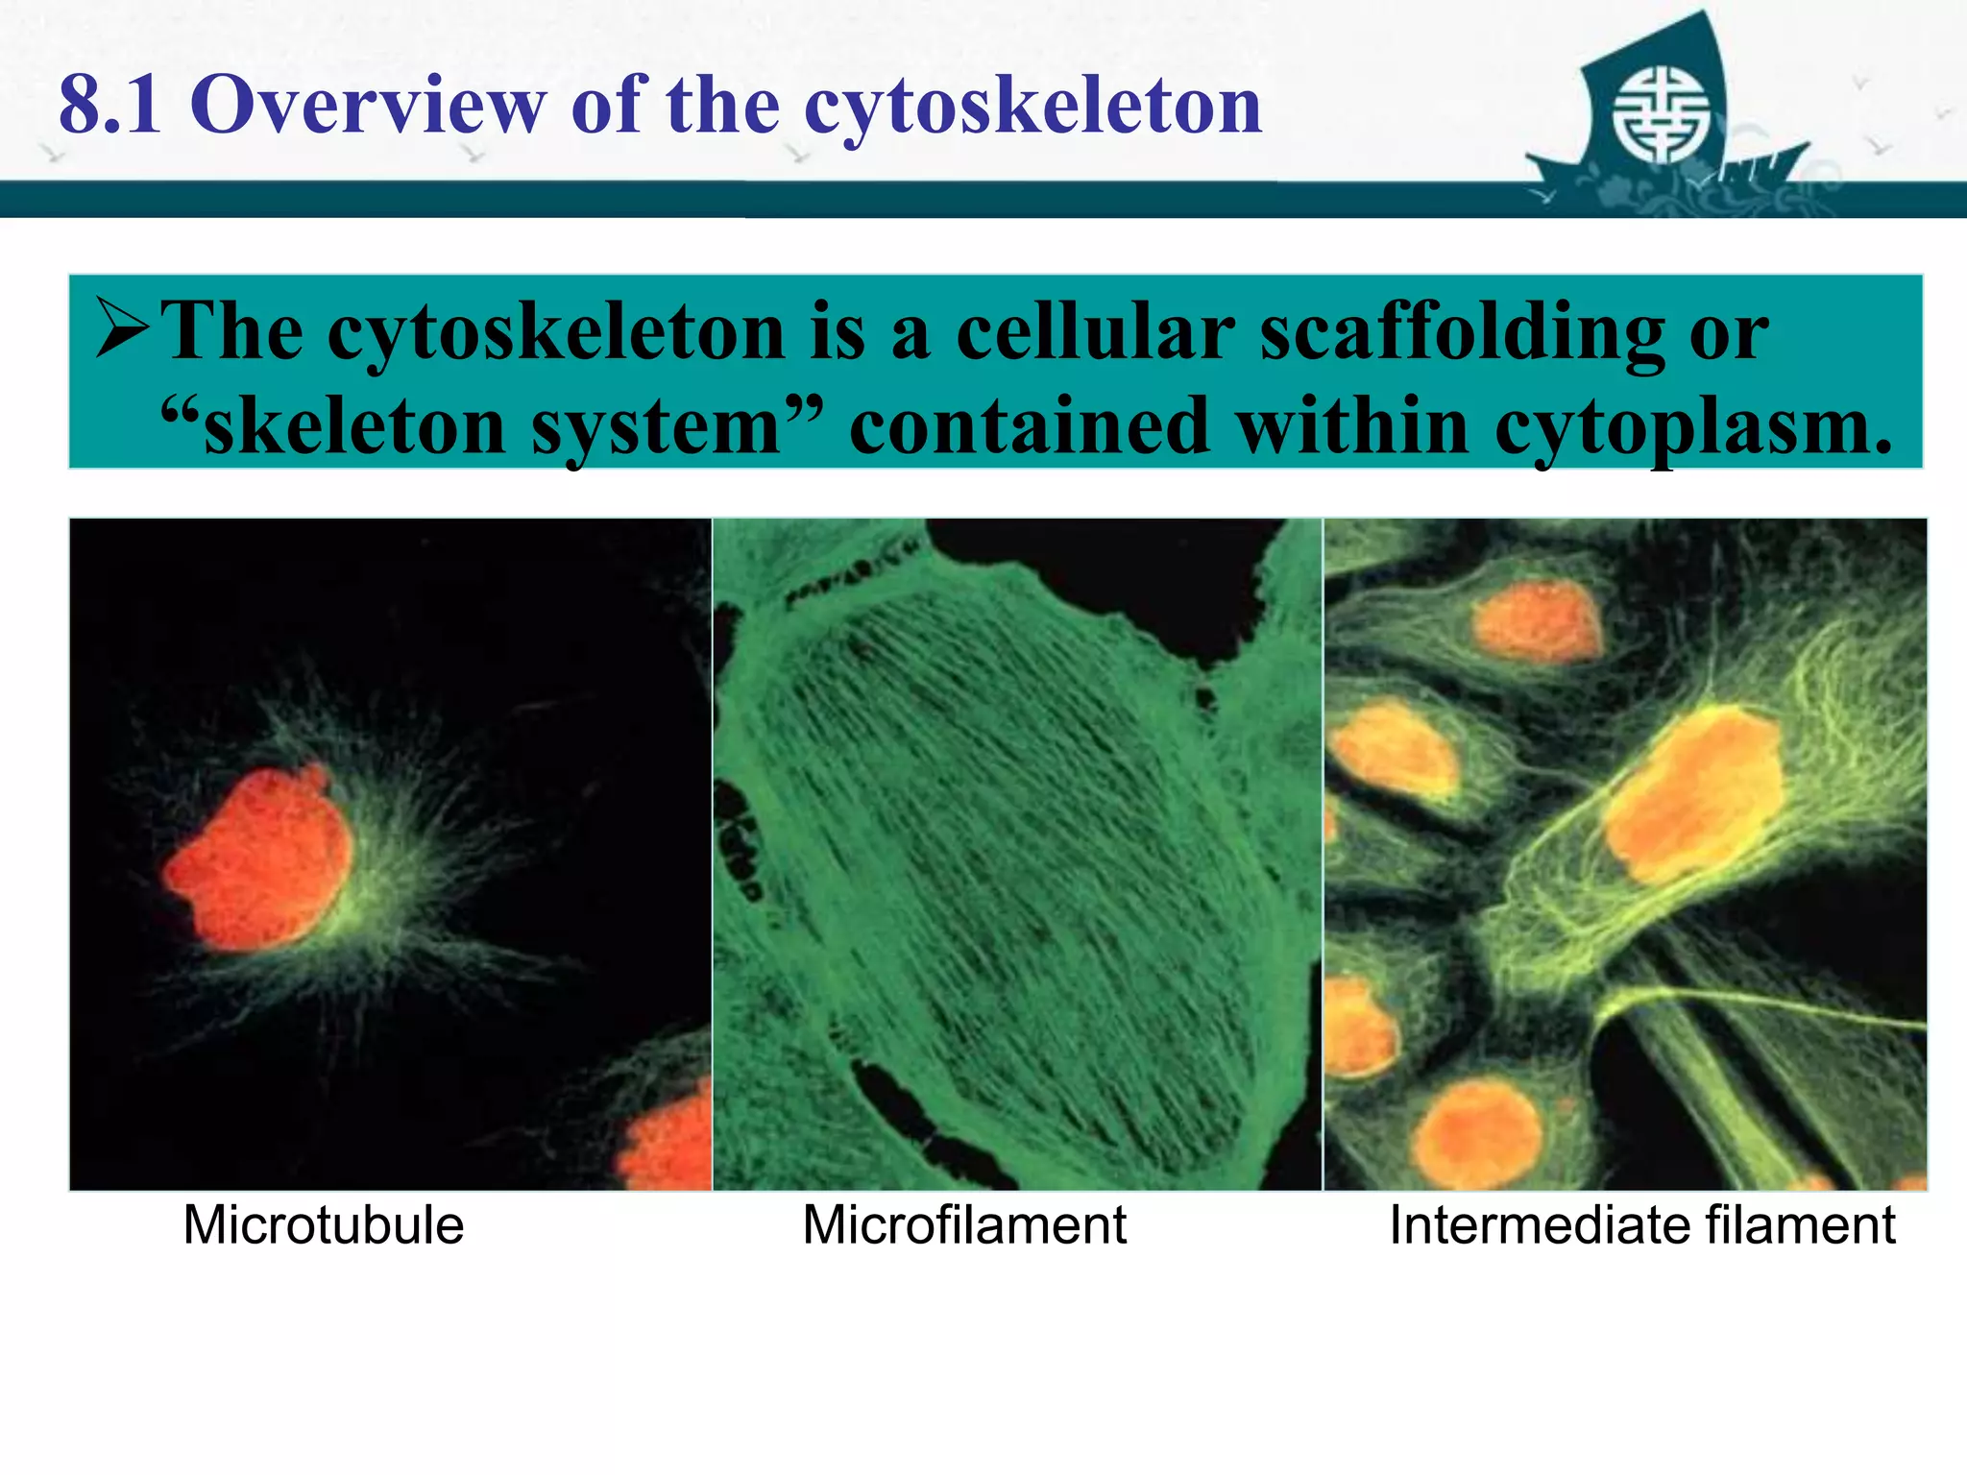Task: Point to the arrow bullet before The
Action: pyautogui.click(x=122, y=329)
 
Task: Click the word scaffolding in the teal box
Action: pyautogui.click(x=1461, y=332)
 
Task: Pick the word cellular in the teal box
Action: pyautogui.click(x=1095, y=331)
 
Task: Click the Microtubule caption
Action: pyautogui.click(x=324, y=1225)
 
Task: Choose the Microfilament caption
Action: pyautogui.click(x=964, y=1225)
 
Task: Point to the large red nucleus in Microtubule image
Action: pyautogui.click(x=257, y=859)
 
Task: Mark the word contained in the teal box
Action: pyautogui.click(x=1029, y=425)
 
